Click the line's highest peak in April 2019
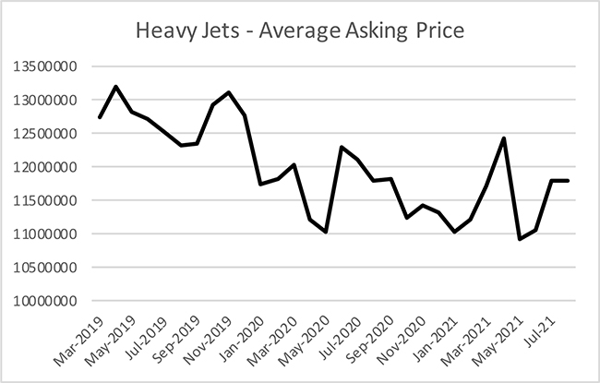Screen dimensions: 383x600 tap(115, 87)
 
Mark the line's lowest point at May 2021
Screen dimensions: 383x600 tap(520, 239)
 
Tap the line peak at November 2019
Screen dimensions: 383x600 tap(229, 92)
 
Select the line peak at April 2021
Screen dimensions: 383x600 tap(503, 138)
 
